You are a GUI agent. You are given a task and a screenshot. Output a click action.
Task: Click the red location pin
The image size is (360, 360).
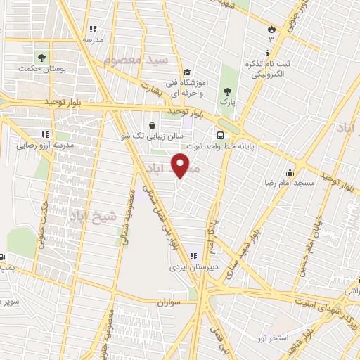(181, 166)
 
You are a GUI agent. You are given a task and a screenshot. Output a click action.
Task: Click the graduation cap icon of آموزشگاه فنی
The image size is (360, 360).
(187, 72)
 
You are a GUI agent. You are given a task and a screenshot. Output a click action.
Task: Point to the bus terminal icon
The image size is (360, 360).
(221, 135)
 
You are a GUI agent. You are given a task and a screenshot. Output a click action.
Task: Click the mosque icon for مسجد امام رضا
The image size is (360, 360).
(290, 172)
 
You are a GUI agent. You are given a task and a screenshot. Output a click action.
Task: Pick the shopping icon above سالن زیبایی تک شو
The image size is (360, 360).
(152, 125)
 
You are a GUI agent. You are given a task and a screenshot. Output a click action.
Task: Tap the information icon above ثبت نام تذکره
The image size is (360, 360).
(267, 53)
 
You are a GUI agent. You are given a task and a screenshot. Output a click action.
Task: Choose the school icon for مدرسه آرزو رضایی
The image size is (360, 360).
(44, 134)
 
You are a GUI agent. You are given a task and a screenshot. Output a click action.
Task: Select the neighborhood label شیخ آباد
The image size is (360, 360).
(89, 217)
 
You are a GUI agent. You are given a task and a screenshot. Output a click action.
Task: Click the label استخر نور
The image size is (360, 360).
(292, 339)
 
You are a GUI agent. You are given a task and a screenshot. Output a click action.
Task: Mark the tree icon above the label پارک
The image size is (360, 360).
(226, 91)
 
